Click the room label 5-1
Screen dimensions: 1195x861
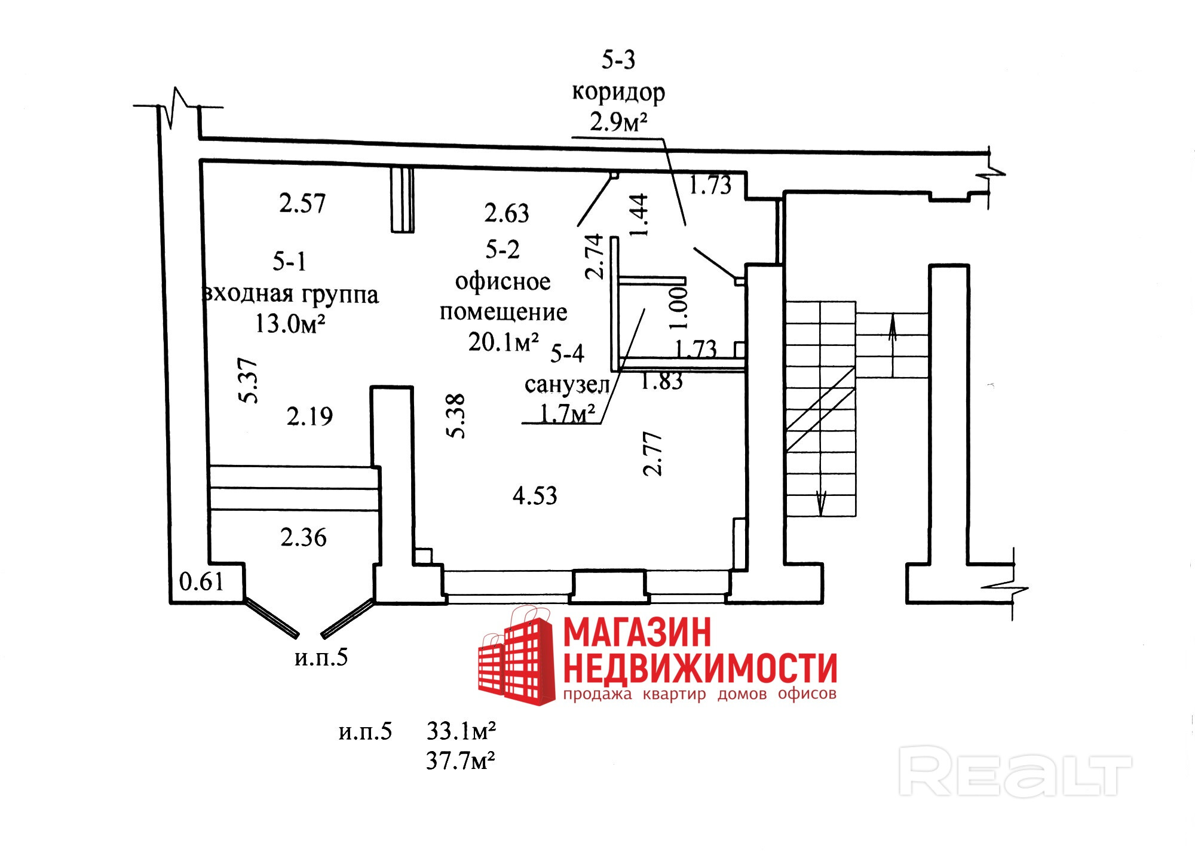[289, 262]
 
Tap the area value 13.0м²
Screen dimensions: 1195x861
[290, 324]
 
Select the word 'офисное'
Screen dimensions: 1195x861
[502, 281]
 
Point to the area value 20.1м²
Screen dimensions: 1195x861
[503, 342]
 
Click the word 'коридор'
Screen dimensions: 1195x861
[618, 93]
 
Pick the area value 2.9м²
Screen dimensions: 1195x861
[618, 122]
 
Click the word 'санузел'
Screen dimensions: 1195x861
[566, 385]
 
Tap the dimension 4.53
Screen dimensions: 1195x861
[535, 496]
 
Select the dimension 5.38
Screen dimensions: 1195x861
[456, 416]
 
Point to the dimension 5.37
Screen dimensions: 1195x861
[248, 381]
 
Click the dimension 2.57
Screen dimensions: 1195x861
[302, 204]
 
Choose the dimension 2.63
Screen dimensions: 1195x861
[507, 213]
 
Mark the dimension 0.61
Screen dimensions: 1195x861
[201, 581]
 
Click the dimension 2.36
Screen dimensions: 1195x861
[304, 538]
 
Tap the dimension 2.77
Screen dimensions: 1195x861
[652, 454]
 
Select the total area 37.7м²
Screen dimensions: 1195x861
[460, 761]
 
